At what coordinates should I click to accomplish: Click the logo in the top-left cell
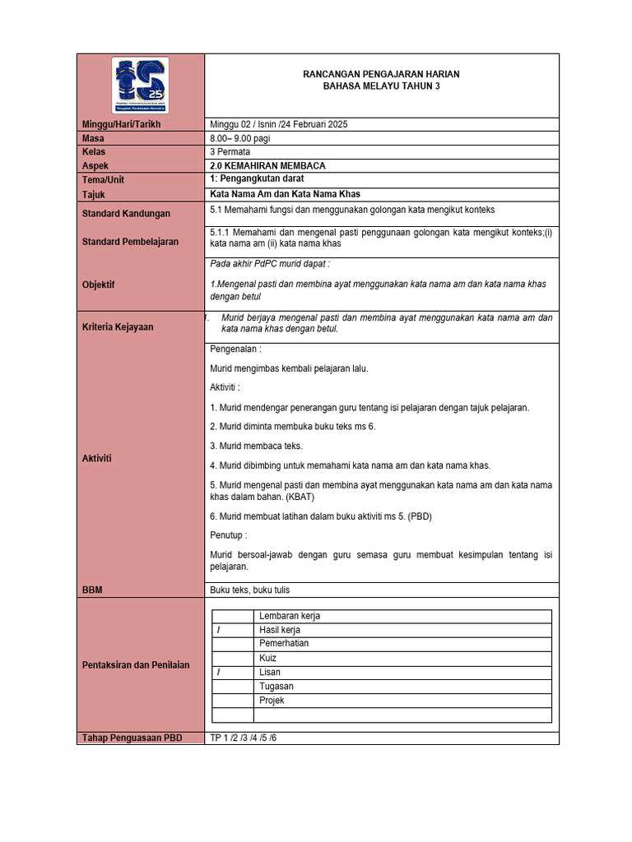pyautogui.click(x=140, y=85)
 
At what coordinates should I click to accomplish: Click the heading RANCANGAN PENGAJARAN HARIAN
pyautogui.click(x=381, y=74)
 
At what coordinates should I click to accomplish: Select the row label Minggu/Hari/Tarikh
pyautogui.click(x=122, y=124)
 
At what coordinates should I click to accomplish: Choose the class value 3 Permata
pyautogui.click(x=231, y=152)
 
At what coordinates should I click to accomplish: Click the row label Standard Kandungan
pyautogui.click(x=127, y=214)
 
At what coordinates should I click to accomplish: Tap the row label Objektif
pyautogui.click(x=99, y=285)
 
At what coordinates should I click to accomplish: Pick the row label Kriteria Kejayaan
pyautogui.click(x=118, y=326)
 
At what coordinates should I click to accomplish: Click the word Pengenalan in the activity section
pyautogui.click(x=234, y=349)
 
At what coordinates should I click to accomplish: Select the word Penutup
pyautogui.click(x=228, y=535)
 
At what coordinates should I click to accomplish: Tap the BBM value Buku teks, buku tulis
pyautogui.click(x=250, y=590)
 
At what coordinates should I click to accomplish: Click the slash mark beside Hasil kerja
pyautogui.click(x=220, y=630)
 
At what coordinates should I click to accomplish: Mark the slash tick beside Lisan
pyautogui.click(x=220, y=673)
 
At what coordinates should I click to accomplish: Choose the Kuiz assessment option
pyautogui.click(x=268, y=659)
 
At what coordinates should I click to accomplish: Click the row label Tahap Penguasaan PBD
pyautogui.click(x=132, y=738)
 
